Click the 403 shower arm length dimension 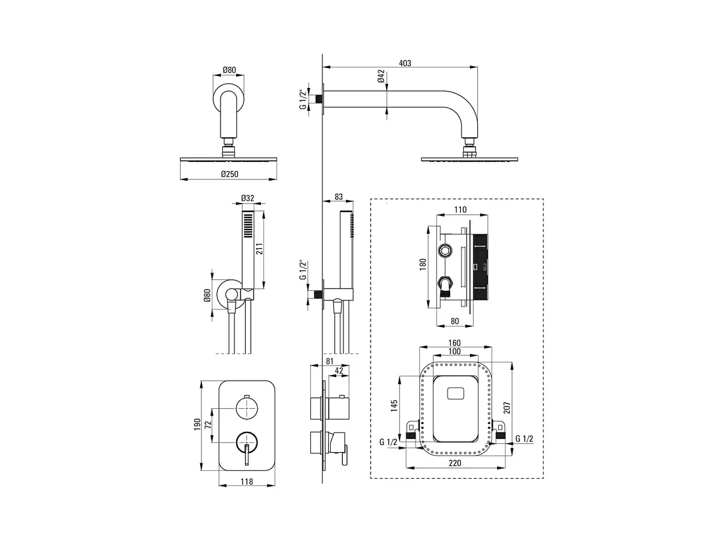[405, 63]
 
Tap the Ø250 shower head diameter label [230, 174]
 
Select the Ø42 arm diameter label [381, 76]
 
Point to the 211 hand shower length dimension [259, 249]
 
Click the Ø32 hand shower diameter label [248, 198]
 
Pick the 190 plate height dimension [197, 424]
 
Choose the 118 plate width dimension [246, 481]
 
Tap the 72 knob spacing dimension [208, 425]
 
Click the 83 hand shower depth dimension [338, 196]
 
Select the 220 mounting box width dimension [455, 463]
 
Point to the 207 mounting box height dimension [506, 408]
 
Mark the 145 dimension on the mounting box [394, 406]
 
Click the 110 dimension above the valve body [460, 210]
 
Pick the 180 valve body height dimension [422, 264]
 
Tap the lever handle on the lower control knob [246, 454]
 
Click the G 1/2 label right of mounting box [524, 438]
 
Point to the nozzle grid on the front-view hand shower [248, 225]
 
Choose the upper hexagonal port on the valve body [445, 251]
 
